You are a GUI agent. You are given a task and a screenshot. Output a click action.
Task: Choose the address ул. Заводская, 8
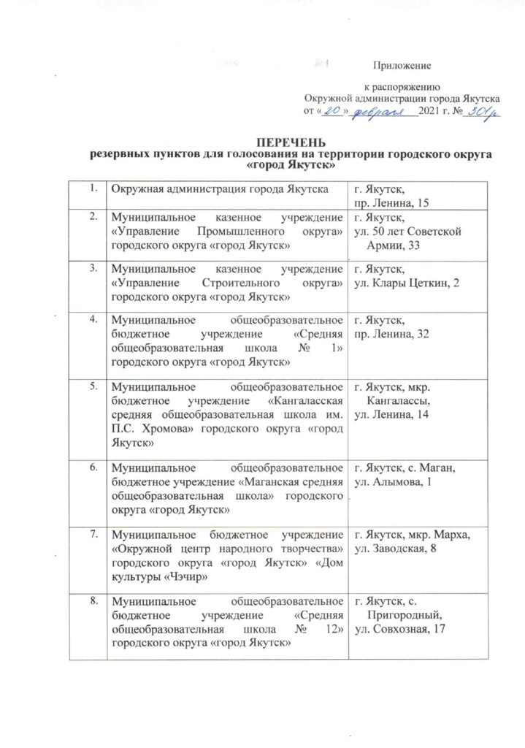[x=399, y=549]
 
